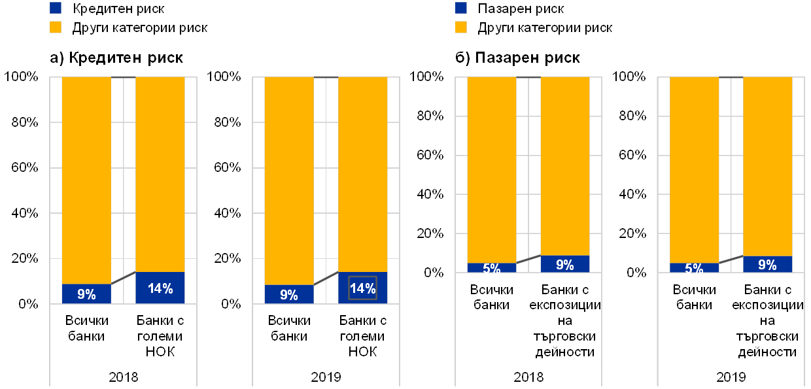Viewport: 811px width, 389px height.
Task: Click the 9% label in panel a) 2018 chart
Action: tap(86, 294)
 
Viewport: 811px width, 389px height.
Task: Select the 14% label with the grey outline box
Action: tap(362, 288)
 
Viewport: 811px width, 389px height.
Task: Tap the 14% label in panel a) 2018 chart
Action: tap(160, 288)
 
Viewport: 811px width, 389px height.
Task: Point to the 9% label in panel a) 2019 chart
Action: tap(288, 295)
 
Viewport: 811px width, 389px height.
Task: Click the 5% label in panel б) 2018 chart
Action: tap(492, 268)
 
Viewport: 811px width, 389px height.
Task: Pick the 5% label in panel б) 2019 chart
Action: tap(694, 268)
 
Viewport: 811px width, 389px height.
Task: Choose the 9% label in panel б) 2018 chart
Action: tap(565, 265)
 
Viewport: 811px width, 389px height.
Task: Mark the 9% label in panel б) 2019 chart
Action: tap(767, 265)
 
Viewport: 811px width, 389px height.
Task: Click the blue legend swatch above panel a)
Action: tap(56, 8)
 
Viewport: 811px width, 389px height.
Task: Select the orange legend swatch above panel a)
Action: tap(56, 27)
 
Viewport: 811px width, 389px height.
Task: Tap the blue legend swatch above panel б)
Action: tap(461, 8)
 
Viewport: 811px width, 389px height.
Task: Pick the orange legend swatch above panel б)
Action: tap(461, 27)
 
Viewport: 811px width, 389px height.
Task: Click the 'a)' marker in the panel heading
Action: tap(58, 58)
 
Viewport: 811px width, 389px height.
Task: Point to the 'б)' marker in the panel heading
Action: tap(462, 58)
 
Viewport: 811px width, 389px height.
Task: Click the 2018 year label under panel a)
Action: tap(124, 377)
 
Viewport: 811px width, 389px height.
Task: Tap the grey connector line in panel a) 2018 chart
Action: tap(123, 278)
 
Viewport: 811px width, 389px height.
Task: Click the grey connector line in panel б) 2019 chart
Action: tap(731, 260)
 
